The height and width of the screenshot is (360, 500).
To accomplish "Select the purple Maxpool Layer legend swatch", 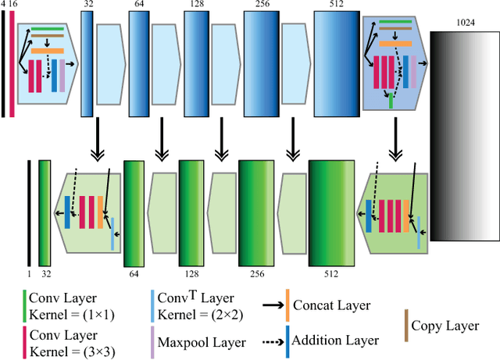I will (152, 340).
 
